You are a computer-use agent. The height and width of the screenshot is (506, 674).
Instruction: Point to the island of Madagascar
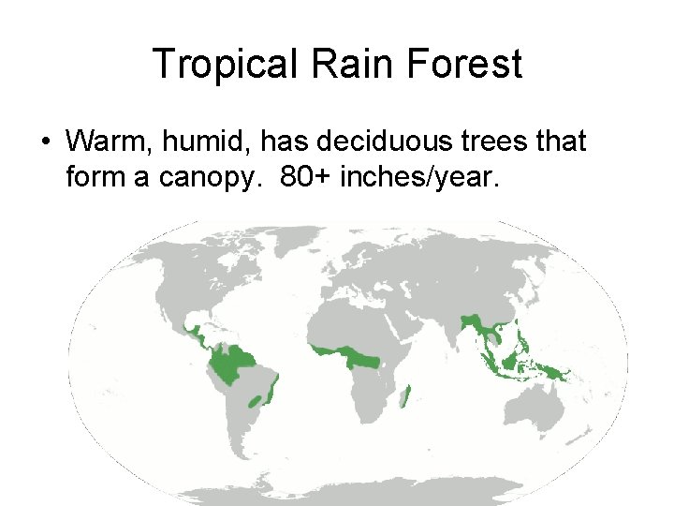pos(406,397)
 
